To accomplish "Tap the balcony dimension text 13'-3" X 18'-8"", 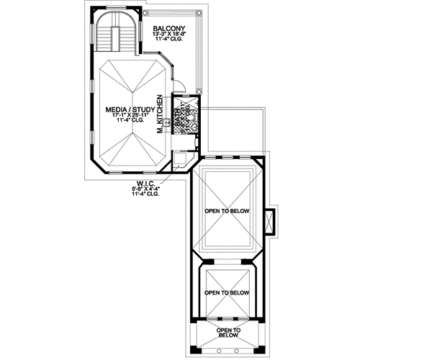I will tap(170, 34).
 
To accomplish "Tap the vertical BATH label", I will tap(180, 115).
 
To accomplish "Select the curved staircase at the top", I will tap(115, 32).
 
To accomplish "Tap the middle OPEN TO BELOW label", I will tap(226, 293).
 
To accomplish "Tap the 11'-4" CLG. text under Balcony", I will tap(170, 40).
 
